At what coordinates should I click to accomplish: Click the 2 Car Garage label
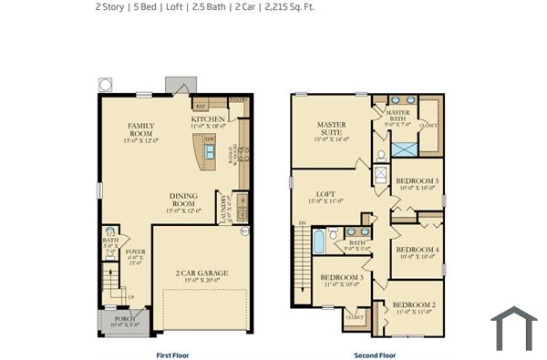(202, 273)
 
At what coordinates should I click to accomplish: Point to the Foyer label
(135, 252)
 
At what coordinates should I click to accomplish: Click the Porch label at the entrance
(124, 319)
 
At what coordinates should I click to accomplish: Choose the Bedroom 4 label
(417, 249)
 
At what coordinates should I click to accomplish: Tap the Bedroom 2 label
(414, 305)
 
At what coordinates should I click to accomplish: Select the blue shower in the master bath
(404, 148)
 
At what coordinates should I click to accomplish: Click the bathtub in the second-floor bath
(319, 241)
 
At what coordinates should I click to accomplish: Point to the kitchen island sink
(210, 149)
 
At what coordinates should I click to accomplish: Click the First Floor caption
(173, 355)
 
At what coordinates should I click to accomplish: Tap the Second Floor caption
(375, 355)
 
